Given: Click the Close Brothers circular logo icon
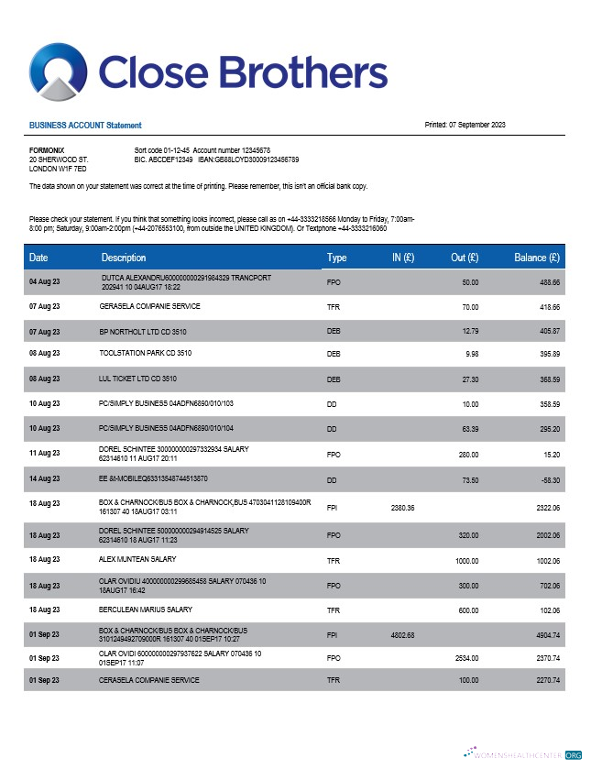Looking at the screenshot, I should coord(58,72).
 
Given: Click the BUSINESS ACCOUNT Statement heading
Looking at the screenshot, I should coord(85,125).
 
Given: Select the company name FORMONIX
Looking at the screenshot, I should coord(47,149).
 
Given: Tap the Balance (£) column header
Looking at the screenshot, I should coord(537,258).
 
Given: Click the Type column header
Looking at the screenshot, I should coord(336,258).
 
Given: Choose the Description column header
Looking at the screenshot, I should coord(124,258).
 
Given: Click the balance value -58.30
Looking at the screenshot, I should coord(549,479).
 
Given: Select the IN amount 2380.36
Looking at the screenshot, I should coord(403,507).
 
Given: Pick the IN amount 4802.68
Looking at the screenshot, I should coord(403,634).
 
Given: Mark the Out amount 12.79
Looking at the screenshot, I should coord(470,329).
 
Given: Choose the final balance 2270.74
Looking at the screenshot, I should coord(546,680).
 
